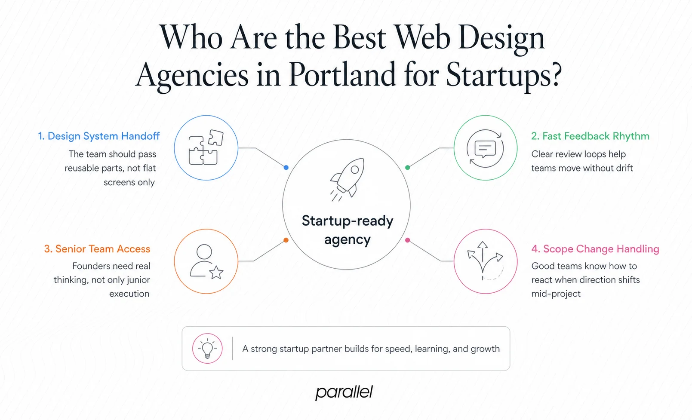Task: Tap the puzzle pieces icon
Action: tap(206, 147)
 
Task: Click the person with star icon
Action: tap(206, 261)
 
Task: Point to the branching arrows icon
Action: tap(485, 261)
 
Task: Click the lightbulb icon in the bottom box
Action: tap(207, 348)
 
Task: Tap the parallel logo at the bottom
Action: tap(344, 392)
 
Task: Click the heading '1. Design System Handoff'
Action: tap(99, 136)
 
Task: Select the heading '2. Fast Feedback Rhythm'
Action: tap(590, 136)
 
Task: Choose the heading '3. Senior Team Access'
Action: tap(97, 249)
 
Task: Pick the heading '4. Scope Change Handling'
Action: tap(595, 249)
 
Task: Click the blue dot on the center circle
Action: tap(286, 167)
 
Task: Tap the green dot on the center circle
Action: tap(408, 167)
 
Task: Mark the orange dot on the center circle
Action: tap(286, 240)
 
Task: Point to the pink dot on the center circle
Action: tap(408, 240)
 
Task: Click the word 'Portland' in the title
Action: tap(342, 75)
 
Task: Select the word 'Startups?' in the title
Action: tap(504, 75)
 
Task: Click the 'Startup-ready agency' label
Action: tap(348, 230)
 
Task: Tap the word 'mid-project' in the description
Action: tap(556, 294)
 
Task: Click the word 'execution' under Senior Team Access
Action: tap(129, 294)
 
